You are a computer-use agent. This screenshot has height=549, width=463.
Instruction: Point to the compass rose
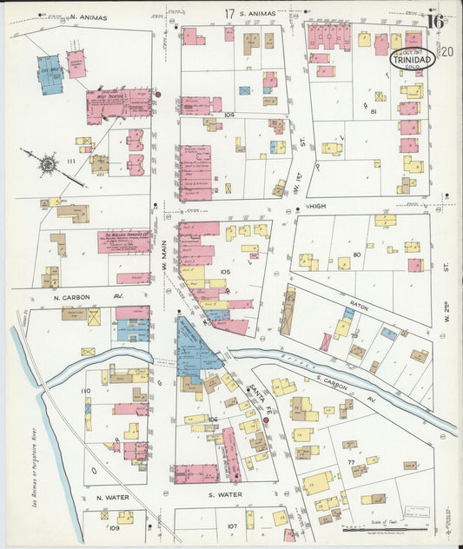pyautogui.click(x=47, y=162)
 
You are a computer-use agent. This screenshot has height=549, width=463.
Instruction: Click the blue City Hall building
pyautogui.click(x=50, y=74)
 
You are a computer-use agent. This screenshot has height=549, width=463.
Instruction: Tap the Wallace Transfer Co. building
pyautogui.click(x=122, y=241)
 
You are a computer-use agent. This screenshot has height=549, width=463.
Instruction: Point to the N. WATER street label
pyautogui.click(x=112, y=498)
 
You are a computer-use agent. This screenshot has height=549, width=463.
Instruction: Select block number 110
pyautogui.click(x=85, y=392)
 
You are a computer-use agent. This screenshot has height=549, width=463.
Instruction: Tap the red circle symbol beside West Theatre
pyautogui.click(x=158, y=94)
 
